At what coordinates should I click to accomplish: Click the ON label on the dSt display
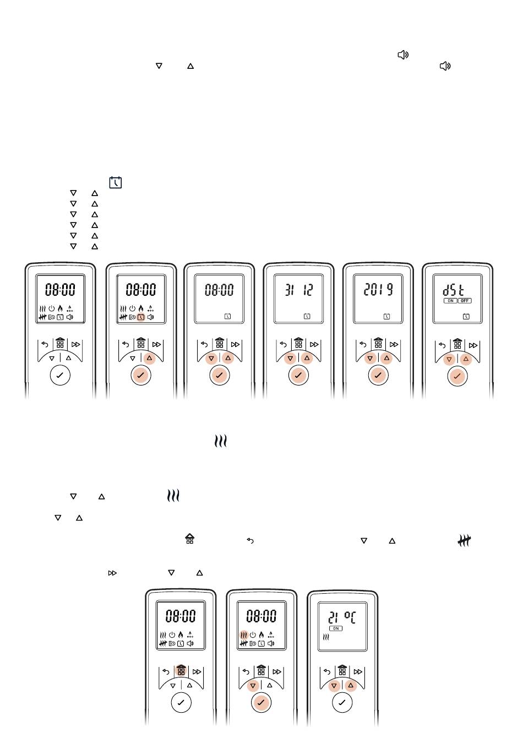coord(450,301)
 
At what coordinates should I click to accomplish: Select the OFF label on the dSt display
coord(465,301)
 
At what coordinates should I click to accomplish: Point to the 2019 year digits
coord(378,290)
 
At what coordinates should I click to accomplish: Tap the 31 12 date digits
coord(299,290)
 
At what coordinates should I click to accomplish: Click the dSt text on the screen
coord(454,290)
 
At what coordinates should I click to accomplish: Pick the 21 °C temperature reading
coord(342,617)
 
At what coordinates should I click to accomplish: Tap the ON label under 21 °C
coord(336,628)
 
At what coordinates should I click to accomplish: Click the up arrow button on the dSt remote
coord(466,359)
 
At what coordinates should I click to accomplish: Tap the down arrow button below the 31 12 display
coord(290,359)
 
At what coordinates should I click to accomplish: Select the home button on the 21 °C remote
coord(342,671)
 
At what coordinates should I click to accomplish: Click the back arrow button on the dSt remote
coord(442,345)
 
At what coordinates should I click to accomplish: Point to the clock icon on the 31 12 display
coord(307,316)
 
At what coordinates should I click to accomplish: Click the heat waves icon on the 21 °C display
coord(326,637)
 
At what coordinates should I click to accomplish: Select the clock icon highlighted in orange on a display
coord(141,317)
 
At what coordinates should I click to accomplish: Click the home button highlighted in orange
coord(181,671)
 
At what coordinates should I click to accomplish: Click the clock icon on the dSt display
coord(466,316)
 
